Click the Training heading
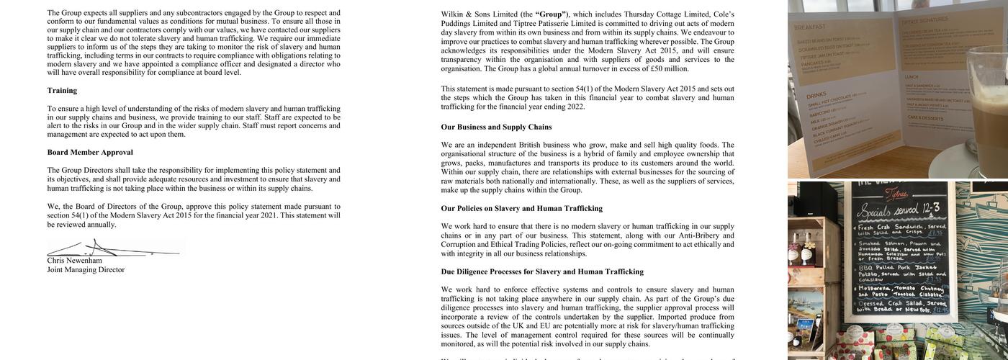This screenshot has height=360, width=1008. tap(62, 91)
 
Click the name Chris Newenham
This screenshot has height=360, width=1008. tap(75, 261)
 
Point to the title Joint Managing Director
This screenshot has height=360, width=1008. tap(86, 270)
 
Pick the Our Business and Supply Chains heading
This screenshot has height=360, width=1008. tap(496, 127)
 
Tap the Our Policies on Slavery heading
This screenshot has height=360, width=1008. tap(521, 209)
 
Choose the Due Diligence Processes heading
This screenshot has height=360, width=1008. tap(542, 272)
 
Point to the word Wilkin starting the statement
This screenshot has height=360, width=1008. tap(452, 14)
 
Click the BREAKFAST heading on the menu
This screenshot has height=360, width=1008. tap(809, 27)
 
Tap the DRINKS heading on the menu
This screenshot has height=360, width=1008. tap(817, 95)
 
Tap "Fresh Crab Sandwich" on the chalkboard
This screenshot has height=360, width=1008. tap(893, 228)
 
